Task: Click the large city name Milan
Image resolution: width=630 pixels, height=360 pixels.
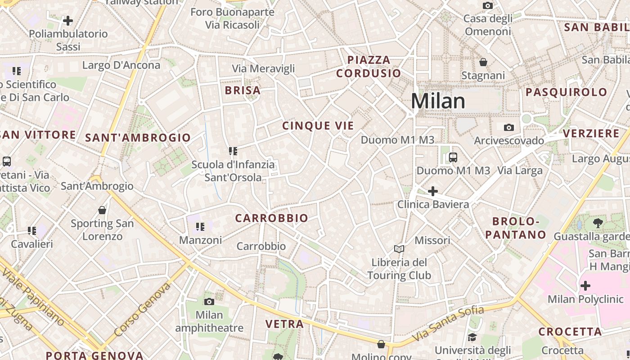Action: coord(438,101)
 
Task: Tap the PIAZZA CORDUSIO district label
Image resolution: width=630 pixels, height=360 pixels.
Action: coord(369,67)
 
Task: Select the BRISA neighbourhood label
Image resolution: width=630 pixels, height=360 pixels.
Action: coord(243,90)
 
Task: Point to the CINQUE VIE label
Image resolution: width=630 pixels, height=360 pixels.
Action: coord(318,126)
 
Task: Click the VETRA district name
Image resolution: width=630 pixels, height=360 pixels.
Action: coord(284,324)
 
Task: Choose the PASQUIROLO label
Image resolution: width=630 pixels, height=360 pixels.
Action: coord(567,92)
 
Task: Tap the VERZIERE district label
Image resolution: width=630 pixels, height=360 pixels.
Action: coord(591,134)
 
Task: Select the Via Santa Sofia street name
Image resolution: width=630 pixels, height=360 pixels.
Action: coord(448,323)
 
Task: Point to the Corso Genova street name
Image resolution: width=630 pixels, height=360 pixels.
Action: coord(143,310)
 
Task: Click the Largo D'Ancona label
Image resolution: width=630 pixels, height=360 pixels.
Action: coord(121,65)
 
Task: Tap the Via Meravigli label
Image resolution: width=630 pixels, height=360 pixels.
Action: coord(263,68)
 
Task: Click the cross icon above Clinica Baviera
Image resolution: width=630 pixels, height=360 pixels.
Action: coord(432,191)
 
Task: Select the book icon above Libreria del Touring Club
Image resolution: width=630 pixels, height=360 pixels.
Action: coord(399,249)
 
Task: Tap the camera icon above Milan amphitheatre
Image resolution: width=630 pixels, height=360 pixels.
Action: coord(209,301)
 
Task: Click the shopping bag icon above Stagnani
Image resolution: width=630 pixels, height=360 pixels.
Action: coord(483,62)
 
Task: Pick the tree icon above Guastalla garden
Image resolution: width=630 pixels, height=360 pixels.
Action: coord(598,223)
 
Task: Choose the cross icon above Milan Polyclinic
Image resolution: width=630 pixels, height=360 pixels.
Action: coord(585,285)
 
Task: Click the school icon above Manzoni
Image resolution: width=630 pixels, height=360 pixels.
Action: coord(200,227)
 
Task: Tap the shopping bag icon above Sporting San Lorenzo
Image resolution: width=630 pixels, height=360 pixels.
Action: coord(102,210)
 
